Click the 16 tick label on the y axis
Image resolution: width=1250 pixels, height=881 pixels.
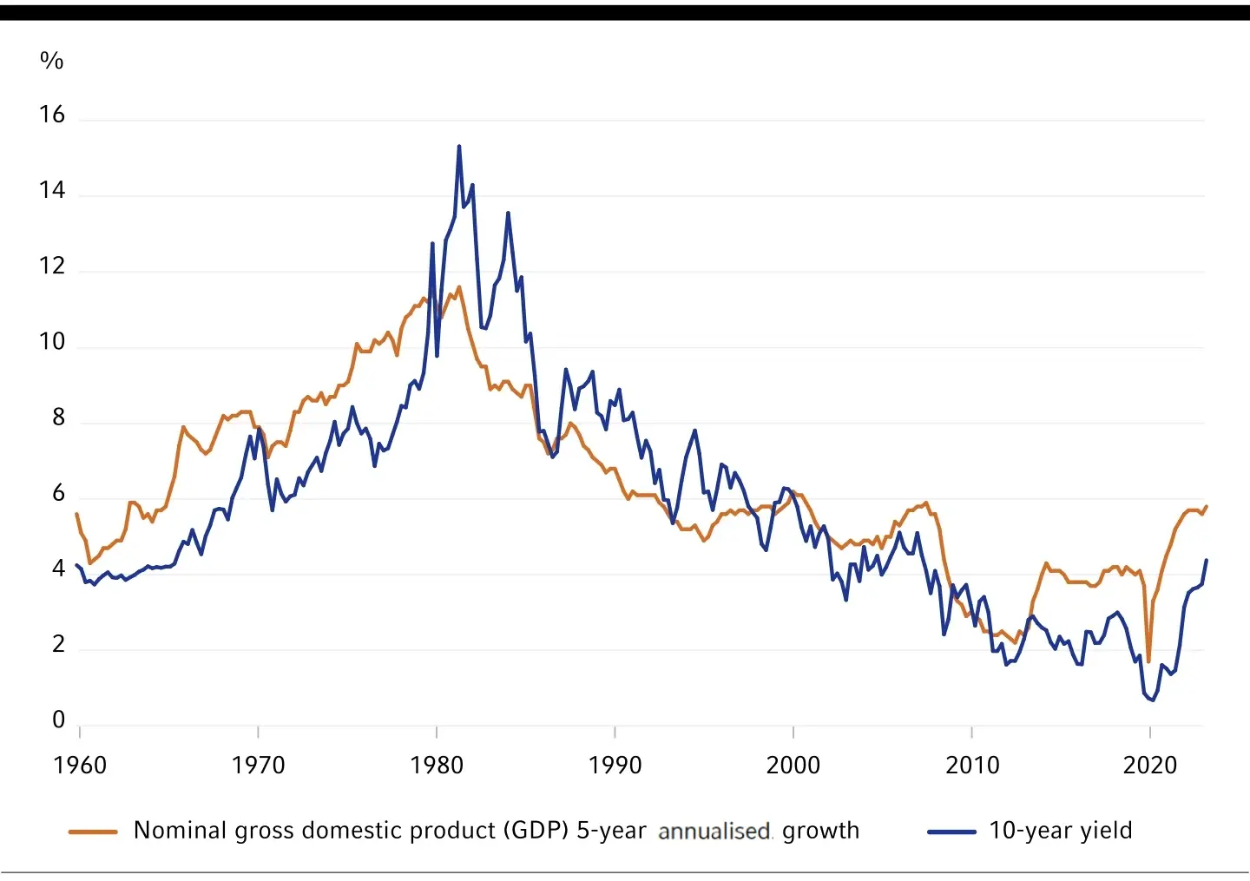coord(52,115)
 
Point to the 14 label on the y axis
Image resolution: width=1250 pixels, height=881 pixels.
coord(52,190)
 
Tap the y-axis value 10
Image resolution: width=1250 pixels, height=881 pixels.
coord(52,342)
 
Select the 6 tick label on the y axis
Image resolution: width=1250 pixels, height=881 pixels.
coord(58,493)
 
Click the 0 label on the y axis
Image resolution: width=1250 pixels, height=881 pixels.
coord(58,720)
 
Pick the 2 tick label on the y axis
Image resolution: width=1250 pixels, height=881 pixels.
coord(58,644)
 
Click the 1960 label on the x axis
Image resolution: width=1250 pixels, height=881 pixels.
coord(80,765)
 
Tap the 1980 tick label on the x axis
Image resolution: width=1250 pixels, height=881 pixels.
coord(437,765)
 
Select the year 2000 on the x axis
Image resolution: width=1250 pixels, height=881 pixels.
coord(793,765)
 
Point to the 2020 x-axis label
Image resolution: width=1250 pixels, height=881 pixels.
coord(1150,765)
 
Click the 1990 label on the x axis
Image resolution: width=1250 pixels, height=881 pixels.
coord(615,765)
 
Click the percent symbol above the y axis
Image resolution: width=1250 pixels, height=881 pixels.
coord(51,61)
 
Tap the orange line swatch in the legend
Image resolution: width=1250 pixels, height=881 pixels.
coord(93,832)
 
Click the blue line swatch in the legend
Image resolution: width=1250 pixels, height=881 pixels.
coord(951,832)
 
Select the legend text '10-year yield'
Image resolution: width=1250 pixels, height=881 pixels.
coord(1061,831)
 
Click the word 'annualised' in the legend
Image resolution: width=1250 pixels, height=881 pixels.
coord(714,832)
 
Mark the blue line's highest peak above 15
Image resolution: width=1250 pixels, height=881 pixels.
coord(459,146)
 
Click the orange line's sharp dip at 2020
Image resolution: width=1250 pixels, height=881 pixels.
coord(1148,662)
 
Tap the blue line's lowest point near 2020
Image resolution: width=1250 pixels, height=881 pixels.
coord(1153,700)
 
